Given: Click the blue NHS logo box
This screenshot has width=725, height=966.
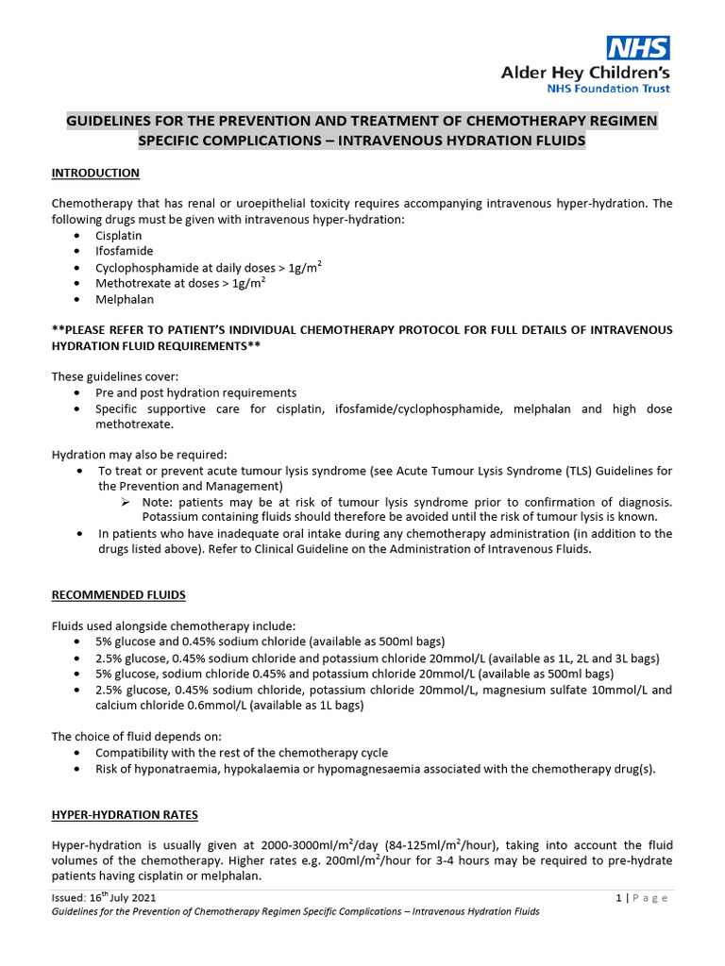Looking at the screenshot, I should point(638,48).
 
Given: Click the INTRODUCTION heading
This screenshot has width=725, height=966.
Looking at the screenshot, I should point(95,173).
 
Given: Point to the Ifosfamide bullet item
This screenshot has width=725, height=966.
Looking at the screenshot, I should point(124,252).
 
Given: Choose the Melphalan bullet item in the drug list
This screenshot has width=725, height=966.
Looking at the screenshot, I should point(124,299).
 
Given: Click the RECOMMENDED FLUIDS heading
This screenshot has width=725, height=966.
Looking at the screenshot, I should point(118,595).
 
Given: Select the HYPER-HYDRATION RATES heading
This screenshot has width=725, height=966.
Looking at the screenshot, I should point(125,814).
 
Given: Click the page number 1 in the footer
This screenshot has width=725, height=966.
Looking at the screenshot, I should point(617,898).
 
